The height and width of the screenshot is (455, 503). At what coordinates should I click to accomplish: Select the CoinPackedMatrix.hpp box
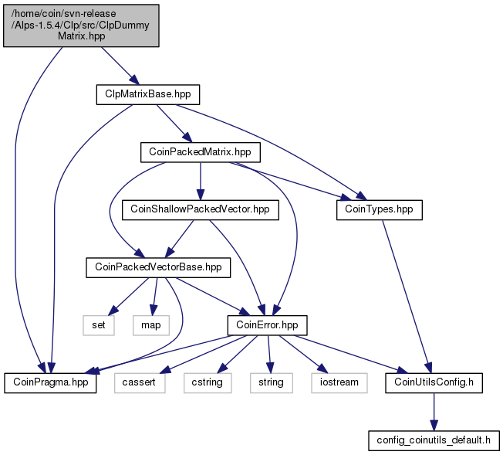tap(200, 151)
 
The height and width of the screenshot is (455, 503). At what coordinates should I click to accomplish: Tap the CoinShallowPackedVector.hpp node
tap(200, 209)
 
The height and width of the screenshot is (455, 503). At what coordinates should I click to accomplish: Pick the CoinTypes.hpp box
tap(380, 209)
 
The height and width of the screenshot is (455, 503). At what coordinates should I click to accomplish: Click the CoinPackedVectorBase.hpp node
tap(157, 267)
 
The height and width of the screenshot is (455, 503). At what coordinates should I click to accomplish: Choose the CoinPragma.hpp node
tap(50, 382)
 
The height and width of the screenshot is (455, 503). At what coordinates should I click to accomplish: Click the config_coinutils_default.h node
tap(434, 440)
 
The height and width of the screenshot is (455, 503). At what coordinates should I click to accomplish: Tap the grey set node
tap(98, 324)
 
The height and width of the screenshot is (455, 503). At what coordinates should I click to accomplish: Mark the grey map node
tap(150, 324)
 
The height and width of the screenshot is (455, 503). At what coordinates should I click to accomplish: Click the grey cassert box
tap(140, 382)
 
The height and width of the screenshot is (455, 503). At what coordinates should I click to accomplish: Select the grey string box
tap(270, 382)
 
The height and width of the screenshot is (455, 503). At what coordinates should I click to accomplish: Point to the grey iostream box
tap(335, 382)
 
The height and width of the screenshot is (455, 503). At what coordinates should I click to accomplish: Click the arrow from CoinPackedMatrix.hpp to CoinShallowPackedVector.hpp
tap(200, 180)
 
